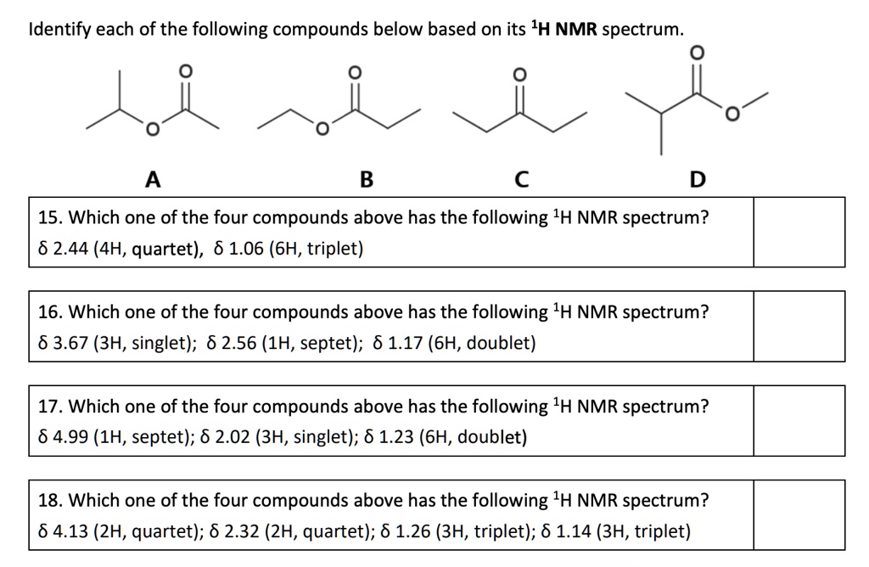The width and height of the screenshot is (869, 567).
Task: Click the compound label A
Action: pos(153,179)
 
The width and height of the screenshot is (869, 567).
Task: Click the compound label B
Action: pos(366,179)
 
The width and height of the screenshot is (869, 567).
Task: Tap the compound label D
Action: pos(697,179)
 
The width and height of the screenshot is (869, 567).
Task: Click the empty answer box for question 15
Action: pos(799,232)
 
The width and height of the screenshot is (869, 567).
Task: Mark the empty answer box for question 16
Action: pos(799,327)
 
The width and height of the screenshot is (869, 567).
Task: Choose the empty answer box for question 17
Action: pos(799,421)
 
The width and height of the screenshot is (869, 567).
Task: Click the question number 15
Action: pos(49,217)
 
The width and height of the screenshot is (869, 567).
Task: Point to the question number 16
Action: pos(49,312)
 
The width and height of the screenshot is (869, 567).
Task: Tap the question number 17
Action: pos(49,407)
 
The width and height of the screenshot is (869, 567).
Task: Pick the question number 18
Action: pos(49,501)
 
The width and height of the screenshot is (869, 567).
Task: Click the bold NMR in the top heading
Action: pos(577,30)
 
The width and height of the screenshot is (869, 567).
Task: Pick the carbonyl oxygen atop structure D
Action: pos(697,53)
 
